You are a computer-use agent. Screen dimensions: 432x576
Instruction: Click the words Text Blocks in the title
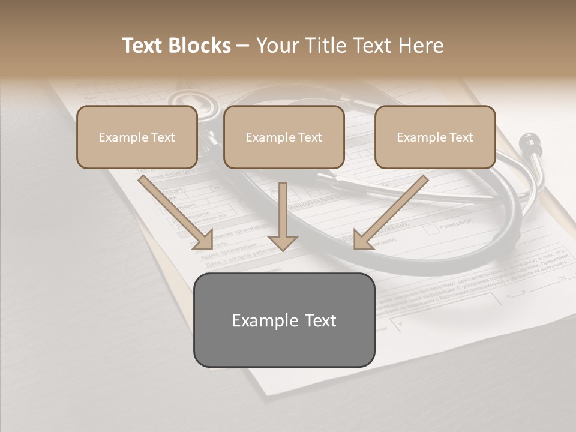coord(176,46)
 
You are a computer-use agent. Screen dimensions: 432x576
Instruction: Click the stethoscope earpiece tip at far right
coord(529,141)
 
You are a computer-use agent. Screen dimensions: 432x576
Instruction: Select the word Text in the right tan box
coord(461,137)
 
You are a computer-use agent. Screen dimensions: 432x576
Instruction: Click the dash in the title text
coord(243,46)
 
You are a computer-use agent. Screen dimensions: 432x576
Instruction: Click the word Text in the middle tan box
coord(310,137)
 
